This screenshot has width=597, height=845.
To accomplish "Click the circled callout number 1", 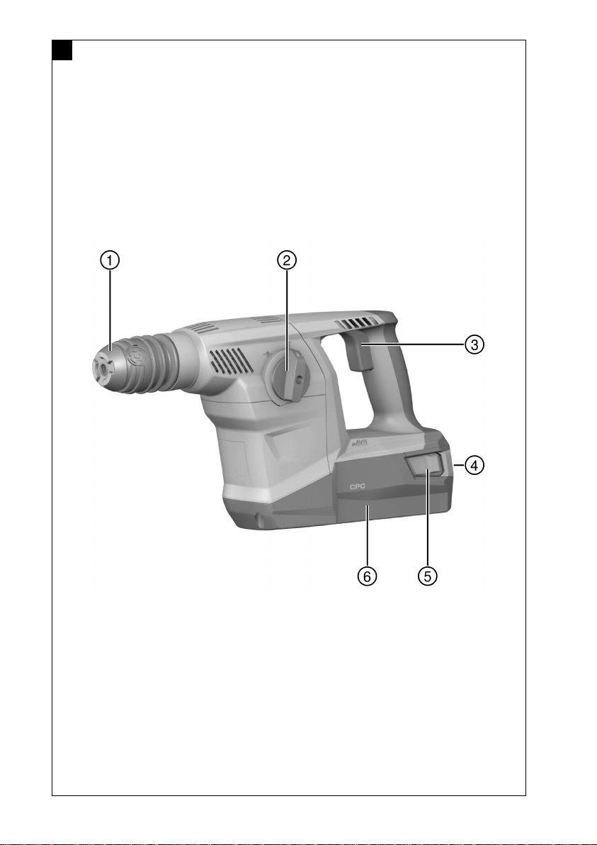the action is pos(110,260).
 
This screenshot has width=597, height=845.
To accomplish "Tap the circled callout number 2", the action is pos(287,260).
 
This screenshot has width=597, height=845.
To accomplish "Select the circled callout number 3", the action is pos(474,344).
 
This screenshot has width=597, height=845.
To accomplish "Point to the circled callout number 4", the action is pos(474,464).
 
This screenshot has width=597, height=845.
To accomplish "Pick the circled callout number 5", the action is pos(428,576).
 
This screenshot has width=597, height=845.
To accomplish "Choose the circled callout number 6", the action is pos(367,576).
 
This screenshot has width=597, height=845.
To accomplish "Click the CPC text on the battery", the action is pos(358,486).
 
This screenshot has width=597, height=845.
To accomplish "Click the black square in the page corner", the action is pos(62,50).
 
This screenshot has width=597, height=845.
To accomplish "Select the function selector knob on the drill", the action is pos(286,372).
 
